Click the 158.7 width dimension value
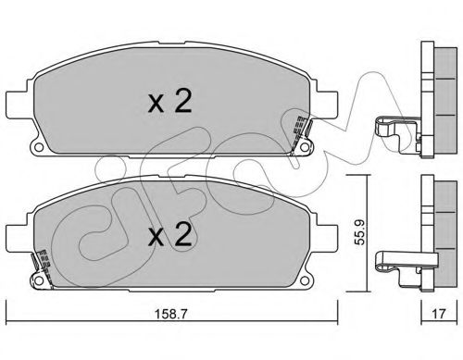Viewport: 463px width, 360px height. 170,314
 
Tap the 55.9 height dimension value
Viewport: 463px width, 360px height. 359,232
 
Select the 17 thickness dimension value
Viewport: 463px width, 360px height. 439,314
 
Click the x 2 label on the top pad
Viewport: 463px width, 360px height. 169,101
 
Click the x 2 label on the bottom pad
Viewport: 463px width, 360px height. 169,234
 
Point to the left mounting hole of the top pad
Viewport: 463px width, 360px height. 38,147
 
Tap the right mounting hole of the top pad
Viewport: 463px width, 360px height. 306,147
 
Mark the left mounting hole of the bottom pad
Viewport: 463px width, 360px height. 39,280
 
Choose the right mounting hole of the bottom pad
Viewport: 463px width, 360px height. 305,280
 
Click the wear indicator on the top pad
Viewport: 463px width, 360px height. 301,133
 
